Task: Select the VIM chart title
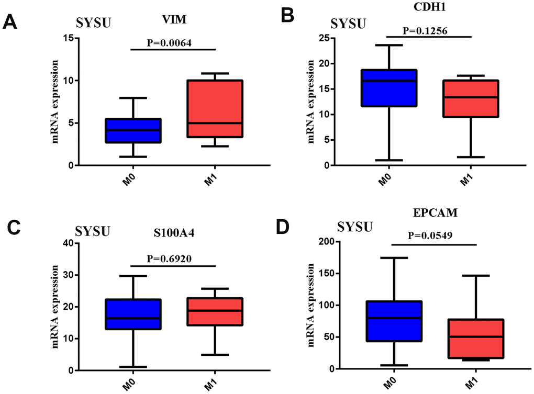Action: coord(174,20)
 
